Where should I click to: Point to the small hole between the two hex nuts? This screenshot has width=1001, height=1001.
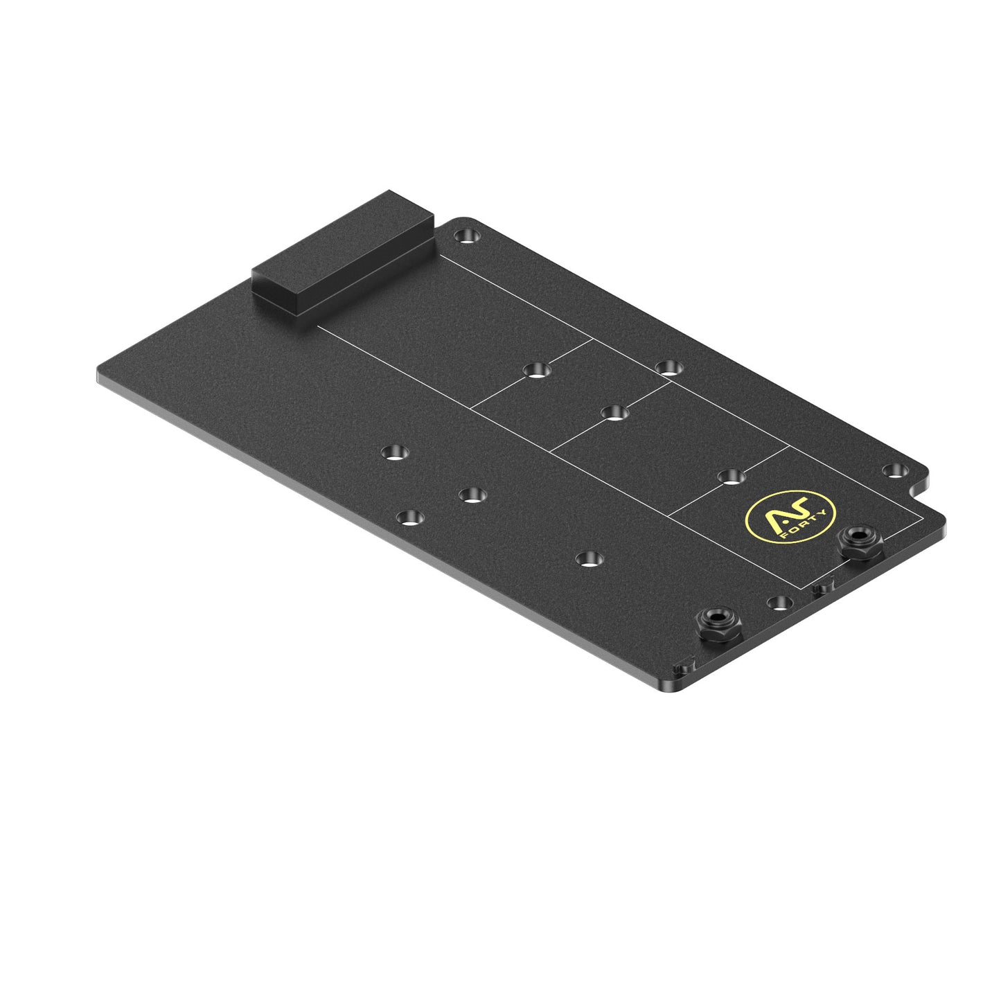[x=780, y=601]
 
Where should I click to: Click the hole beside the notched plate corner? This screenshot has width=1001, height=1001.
[x=896, y=470]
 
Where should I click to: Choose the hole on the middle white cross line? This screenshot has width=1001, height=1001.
[x=612, y=413]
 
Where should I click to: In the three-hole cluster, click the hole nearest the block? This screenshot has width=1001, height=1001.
[x=396, y=453]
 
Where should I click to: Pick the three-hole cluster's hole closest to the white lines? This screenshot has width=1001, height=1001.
[x=472, y=495]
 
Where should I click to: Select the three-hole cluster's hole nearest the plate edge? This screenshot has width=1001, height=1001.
[x=411, y=517]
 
